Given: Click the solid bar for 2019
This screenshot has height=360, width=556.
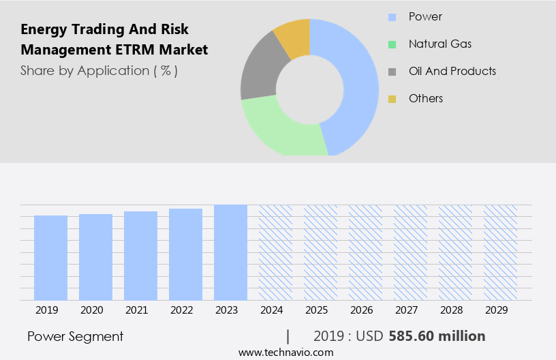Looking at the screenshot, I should (x=50, y=258).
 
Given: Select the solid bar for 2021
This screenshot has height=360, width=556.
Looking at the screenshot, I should (x=140, y=256).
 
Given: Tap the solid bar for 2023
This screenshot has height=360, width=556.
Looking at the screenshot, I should (x=230, y=252).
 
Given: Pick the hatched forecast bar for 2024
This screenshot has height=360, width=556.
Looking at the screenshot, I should (x=275, y=252).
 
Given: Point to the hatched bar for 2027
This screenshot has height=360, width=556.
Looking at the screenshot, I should (x=410, y=252).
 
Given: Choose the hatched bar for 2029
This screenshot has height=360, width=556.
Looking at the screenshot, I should (x=500, y=252).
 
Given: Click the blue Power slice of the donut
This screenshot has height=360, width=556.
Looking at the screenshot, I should (x=358, y=82).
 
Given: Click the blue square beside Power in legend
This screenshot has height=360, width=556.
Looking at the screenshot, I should (x=392, y=17).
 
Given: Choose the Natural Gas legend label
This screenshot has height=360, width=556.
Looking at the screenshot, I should (x=439, y=44).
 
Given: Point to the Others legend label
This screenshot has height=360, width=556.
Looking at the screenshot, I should (x=425, y=98).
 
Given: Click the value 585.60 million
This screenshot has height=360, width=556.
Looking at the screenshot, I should (x=437, y=336).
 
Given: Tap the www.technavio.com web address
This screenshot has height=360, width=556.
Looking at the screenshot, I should (x=285, y=352).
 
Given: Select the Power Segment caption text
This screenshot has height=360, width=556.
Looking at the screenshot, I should (x=75, y=336).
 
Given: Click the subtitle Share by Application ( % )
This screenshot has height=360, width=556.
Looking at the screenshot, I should (x=99, y=70).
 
